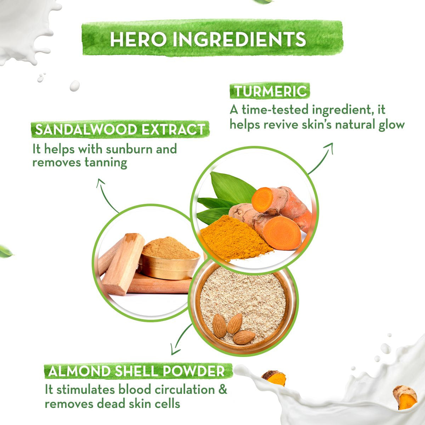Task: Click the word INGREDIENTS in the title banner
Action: (239, 39)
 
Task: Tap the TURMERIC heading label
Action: (270, 91)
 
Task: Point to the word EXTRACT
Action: (173, 129)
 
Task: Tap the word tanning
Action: (106, 163)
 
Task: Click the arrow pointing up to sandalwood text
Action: (106, 194)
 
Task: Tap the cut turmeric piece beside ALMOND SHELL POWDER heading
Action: (274, 378)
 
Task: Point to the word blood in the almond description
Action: (135, 389)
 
